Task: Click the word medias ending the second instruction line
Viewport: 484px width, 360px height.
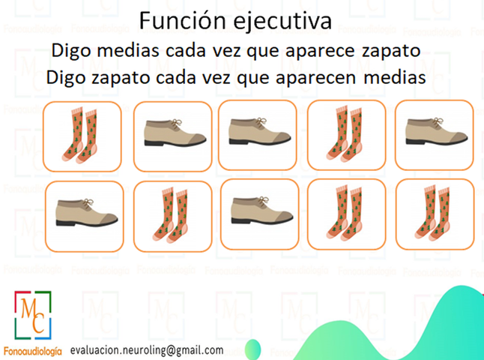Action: point(395,77)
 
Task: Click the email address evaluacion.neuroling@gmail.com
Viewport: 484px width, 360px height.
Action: point(147,350)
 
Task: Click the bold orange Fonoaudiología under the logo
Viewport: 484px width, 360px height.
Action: point(33,351)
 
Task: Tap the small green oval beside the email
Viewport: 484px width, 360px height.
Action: point(252,349)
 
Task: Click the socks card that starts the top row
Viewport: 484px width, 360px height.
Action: point(82,136)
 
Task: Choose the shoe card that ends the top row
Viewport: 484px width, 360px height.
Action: point(435,135)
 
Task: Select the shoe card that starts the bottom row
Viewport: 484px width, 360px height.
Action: point(84,216)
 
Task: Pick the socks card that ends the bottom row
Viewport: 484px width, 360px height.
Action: point(435,214)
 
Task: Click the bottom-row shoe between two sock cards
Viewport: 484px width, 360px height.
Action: point(259,214)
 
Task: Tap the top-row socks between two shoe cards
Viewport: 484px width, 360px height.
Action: point(346,135)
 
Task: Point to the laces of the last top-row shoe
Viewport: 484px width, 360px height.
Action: point(438,121)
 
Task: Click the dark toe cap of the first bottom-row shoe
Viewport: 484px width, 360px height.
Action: point(109,218)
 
